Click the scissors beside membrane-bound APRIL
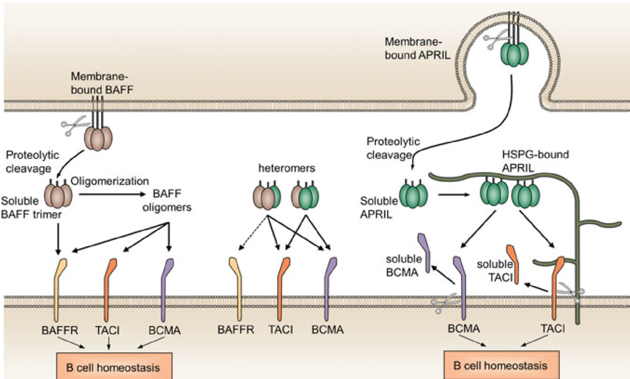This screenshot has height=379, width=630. point(492,42)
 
